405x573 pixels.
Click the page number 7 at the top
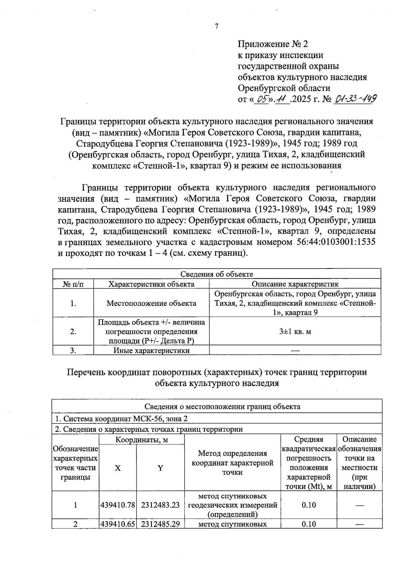pyautogui.click(x=217, y=26)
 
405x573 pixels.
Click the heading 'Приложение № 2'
pyautogui.click(x=273, y=44)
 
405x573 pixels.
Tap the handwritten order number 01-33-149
pyautogui.click(x=355, y=99)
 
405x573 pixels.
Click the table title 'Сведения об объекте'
pyautogui.click(x=217, y=274)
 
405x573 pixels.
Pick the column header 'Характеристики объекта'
pyautogui.click(x=151, y=284)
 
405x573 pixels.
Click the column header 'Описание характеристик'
pyautogui.click(x=295, y=284)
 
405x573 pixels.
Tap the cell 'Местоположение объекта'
pyautogui.click(x=151, y=303)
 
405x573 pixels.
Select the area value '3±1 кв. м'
pyautogui.click(x=295, y=332)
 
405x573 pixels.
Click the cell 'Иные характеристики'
pyautogui.click(x=151, y=350)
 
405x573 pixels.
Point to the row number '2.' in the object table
pyautogui.click(x=73, y=332)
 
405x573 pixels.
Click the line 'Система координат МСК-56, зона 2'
pyautogui.click(x=122, y=419)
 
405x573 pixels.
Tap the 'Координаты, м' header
pyautogui.click(x=141, y=440)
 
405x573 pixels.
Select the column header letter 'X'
pyautogui.click(x=117, y=468)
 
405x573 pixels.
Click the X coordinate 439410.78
pyautogui.click(x=117, y=505)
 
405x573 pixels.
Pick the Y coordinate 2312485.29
pyautogui.click(x=160, y=524)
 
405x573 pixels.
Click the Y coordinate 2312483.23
pyautogui.click(x=160, y=505)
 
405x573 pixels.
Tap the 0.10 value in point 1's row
pyautogui.click(x=308, y=505)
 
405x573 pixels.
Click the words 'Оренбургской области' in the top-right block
pyautogui.click(x=284, y=88)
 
